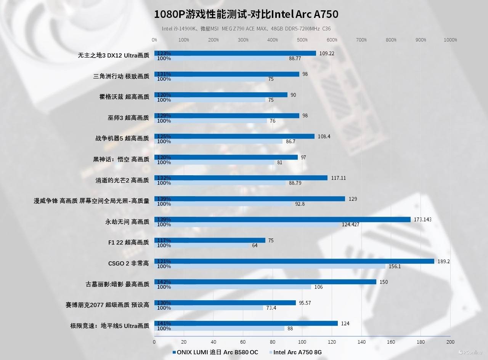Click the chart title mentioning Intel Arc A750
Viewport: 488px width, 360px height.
coord(246,14)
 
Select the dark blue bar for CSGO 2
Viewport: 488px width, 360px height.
coord(294,261)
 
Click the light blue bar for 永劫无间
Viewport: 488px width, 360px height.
coord(247,225)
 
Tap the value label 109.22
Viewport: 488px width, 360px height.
coord(327,53)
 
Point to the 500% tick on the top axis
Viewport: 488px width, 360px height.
coord(302,40)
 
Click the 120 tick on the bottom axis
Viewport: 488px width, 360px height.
coord(332,342)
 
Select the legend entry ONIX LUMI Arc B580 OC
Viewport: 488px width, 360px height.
coord(215,352)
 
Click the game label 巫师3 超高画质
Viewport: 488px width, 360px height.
coord(128,118)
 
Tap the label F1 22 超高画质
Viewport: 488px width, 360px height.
coord(128,243)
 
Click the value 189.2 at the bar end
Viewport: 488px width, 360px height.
coord(443,261)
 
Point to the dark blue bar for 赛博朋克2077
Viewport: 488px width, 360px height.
coord(225,303)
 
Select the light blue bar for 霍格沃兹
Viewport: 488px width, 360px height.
coord(210,100)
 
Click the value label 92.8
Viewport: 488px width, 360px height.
coord(300,204)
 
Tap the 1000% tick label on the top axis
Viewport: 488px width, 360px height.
coord(451,40)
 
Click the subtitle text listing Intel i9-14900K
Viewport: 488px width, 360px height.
coord(246,29)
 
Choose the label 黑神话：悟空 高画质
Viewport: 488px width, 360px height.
coord(121,160)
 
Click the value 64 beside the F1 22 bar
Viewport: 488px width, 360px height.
coord(255,245)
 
